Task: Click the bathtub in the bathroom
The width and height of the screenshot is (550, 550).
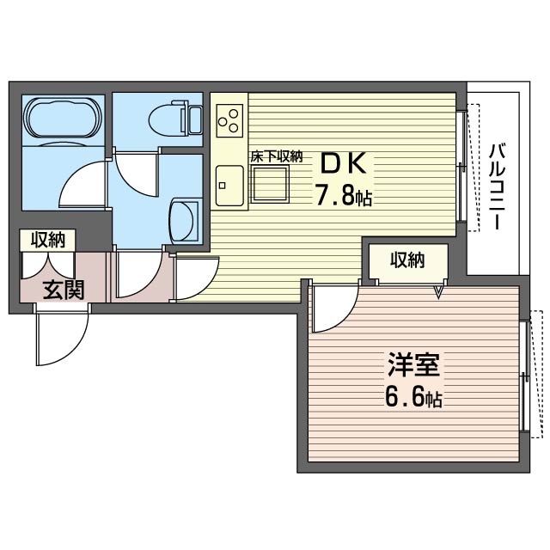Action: (x=64, y=118)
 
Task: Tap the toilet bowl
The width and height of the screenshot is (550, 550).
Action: (x=165, y=119)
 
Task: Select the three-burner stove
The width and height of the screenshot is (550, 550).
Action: (x=229, y=120)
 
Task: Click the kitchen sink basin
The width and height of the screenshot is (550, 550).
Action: (x=229, y=186)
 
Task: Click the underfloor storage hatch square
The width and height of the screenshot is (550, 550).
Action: (x=270, y=184)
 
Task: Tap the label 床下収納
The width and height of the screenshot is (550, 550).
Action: (x=277, y=156)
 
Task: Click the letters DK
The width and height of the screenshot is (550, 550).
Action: (x=344, y=163)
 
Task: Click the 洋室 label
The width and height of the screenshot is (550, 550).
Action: (x=414, y=364)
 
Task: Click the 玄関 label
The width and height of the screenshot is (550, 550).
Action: (x=64, y=290)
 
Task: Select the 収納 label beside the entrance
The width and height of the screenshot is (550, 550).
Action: (x=48, y=240)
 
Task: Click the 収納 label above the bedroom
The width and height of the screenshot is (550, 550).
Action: (x=408, y=260)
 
